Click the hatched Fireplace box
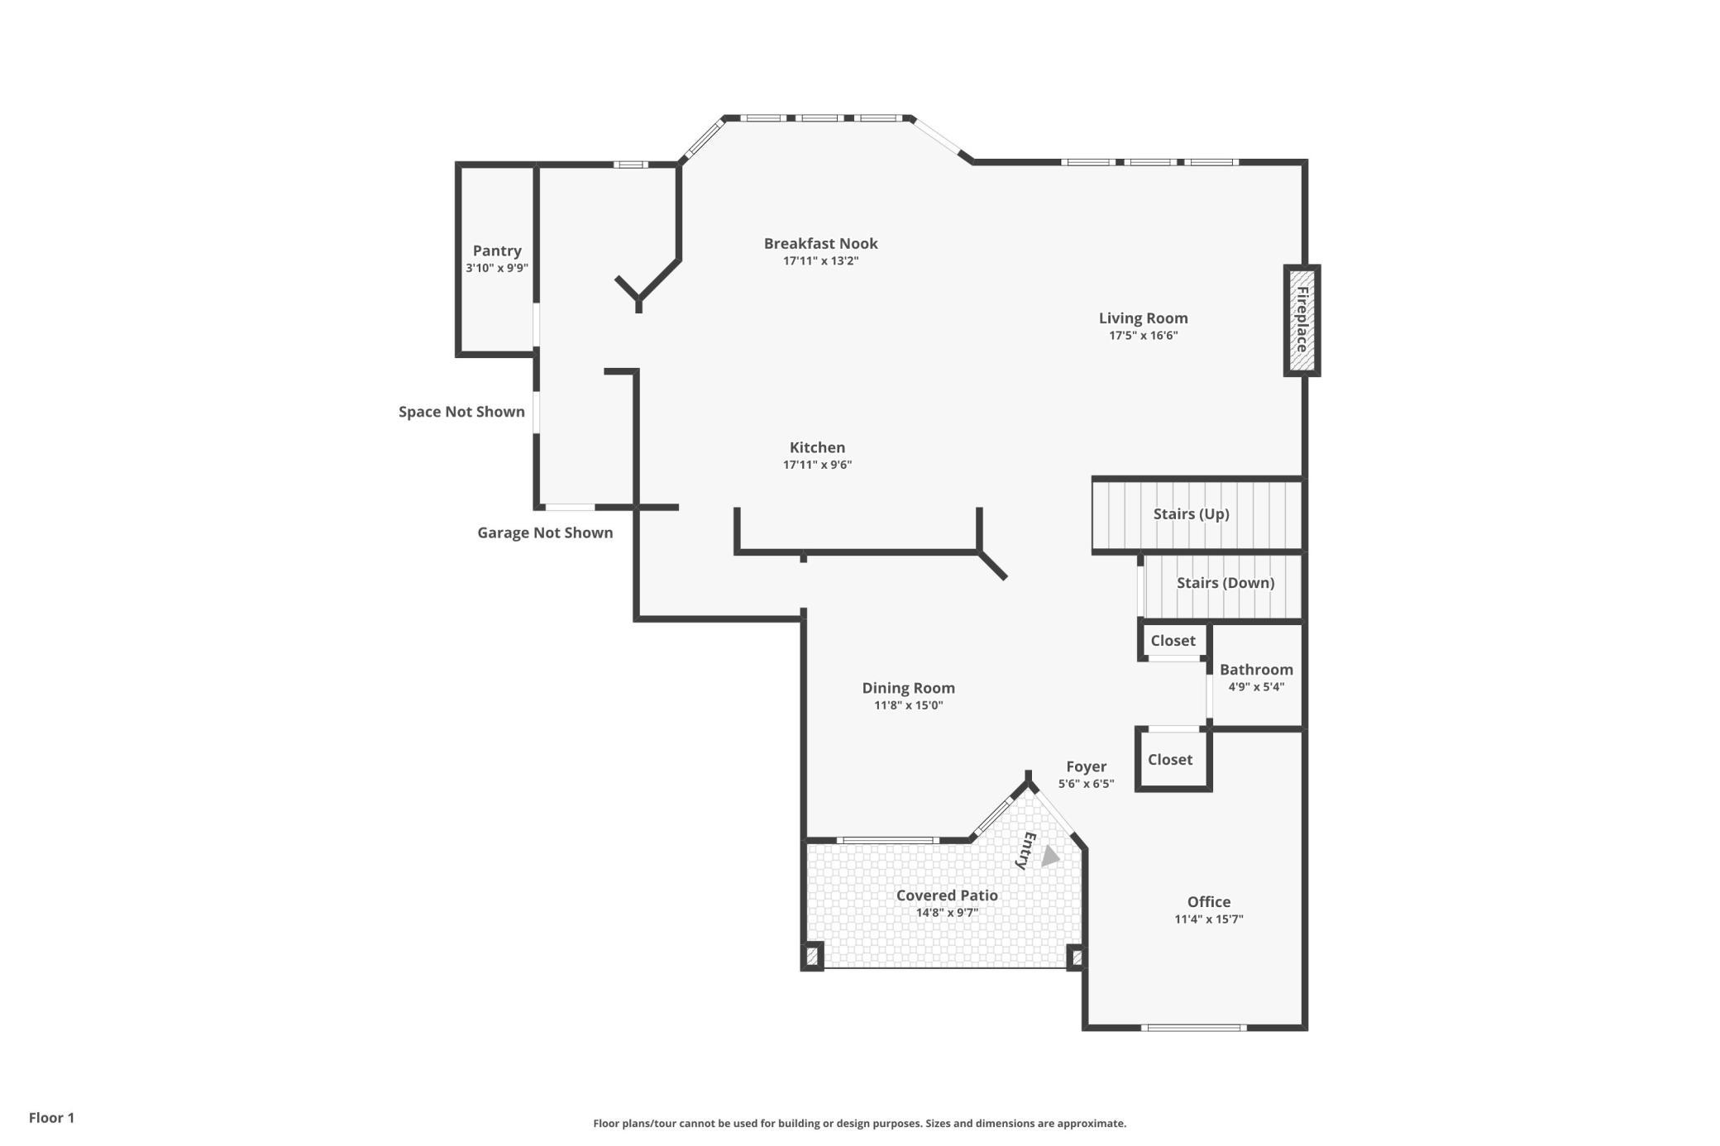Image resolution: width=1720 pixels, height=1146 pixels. (x=1302, y=320)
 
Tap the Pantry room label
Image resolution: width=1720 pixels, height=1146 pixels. (x=497, y=251)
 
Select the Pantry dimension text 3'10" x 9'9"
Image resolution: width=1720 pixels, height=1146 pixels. (x=497, y=268)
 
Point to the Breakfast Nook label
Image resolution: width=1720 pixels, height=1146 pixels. (x=820, y=243)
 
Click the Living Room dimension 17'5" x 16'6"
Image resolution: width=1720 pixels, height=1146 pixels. (x=1144, y=336)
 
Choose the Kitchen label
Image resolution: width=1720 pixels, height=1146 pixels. (x=817, y=447)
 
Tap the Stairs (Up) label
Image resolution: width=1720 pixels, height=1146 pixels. (x=1191, y=514)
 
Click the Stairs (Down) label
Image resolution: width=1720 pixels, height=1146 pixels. (x=1225, y=583)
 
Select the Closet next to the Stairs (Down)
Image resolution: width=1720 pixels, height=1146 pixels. (x=1173, y=641)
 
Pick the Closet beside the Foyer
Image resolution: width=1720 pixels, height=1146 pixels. (x=1170, y=759)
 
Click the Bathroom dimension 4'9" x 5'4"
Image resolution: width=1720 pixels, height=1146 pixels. (x=1256, y=687)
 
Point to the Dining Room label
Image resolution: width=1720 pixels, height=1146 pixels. (x=908, y=688)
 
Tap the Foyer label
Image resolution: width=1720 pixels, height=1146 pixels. (x=1086, y=766)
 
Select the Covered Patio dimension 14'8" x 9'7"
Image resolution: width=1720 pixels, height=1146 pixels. (x=947, y=913)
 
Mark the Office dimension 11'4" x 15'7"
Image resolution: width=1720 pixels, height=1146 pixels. (x=1209, y=919)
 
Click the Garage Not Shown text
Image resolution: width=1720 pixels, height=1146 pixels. (x=545, y=532)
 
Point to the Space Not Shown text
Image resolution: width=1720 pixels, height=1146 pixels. (x=461, y=412)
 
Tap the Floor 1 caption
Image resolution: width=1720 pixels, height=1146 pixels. (x=51, y=1118)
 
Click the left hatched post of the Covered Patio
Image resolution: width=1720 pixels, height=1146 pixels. (x=812, y=957)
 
